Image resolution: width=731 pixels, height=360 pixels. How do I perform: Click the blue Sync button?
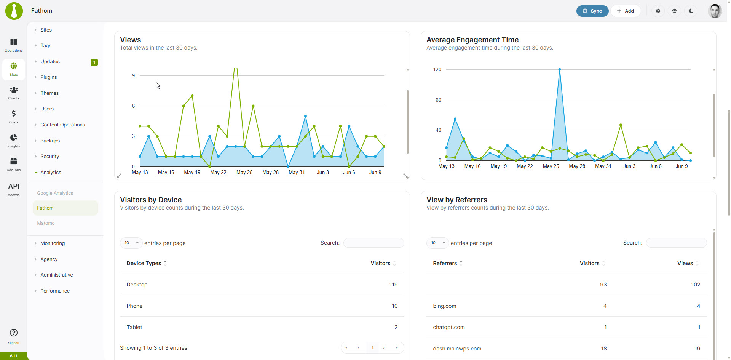[x=592, y=11]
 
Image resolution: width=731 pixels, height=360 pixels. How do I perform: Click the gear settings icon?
[x=658, y=11]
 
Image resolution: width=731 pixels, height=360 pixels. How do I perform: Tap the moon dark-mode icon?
[x=691, y=11]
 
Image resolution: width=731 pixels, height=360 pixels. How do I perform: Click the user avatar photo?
[x=715, y=11]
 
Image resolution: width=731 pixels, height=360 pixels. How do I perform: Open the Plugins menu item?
[x=49, y=77]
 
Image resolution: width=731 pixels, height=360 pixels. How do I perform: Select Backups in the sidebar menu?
[x=50, y=141]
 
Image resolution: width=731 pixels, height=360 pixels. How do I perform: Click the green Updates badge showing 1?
[x=94, y=62]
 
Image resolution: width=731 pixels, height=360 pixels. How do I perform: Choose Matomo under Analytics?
[x=46, y=223]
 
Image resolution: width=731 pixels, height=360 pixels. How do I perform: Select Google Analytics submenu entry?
[x=55, y=193]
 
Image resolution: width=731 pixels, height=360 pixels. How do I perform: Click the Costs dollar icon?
[x=14, y=114]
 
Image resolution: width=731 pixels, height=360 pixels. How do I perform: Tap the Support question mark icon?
[x=14, y=333]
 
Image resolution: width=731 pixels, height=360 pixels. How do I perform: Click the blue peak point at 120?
[x=560, y=70]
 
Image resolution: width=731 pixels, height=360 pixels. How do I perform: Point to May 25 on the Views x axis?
[x=244, y=173]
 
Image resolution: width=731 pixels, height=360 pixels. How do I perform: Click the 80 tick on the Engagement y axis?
[x=438, y=100]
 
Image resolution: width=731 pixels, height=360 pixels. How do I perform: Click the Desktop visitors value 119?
[x=393, y=285]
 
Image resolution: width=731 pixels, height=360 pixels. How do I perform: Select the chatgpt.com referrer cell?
[x=449, y=327]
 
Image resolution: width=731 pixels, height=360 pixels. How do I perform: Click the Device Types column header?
[x=144, y=263]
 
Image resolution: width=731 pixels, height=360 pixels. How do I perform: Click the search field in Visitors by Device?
[x=373, y=243]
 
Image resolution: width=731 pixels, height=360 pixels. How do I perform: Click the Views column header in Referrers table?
[x=685, y=263]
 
